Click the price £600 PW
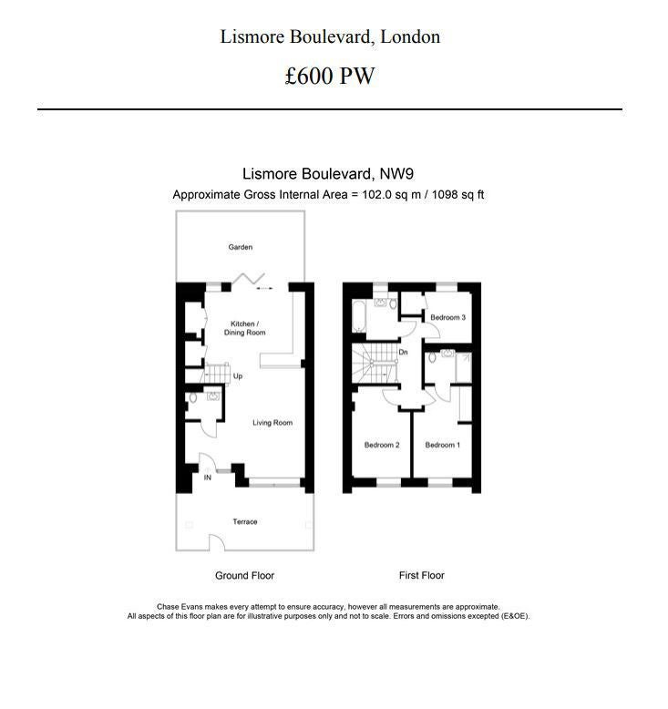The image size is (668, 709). pos(330,76)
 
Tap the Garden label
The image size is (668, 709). pos(241,247)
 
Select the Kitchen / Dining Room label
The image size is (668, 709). pos(244,328)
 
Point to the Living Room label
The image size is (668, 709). pos(272,422)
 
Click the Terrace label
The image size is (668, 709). pos(244,521)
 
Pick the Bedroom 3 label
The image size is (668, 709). pos(447,317)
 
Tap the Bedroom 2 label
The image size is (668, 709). pos(382,445)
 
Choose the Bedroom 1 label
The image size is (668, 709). pos(442,445)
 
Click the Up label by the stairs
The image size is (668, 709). pos(238,375)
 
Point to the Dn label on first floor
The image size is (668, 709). pos(403,352)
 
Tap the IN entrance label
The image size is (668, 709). pos(208,478)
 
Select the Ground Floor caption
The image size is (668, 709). pos(244,575)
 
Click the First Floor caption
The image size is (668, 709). pos(422,575)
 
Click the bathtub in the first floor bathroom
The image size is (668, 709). pos(359,315)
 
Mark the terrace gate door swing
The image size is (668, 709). pos(217,540)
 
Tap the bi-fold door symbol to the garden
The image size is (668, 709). pos(248,278)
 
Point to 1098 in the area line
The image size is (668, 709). pos(444,194)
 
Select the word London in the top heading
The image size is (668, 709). pos(410,36)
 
